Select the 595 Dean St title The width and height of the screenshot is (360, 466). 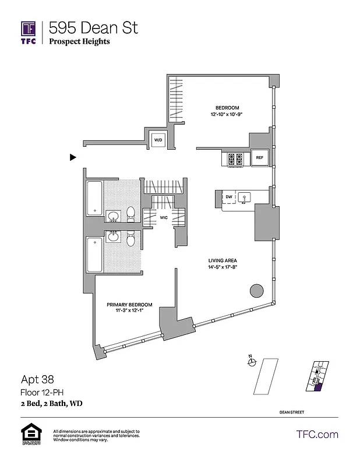pos(93,27)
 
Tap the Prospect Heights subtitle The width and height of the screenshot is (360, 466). pos(79,41)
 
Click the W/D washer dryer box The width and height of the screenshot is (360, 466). pos(158,140)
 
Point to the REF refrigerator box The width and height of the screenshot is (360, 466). pos(259,158)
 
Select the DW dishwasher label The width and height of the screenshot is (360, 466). pos(229,197)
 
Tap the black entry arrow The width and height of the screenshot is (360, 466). pos(73,157)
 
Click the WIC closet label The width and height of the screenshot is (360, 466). pos(164,218)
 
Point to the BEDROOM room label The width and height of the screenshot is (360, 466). pos(227,108)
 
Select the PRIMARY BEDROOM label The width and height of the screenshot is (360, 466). pos(129,305)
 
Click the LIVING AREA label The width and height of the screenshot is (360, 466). pos(223,260)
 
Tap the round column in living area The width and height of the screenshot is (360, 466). pos(256,291)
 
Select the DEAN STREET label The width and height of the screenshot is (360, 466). pos(291,412)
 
